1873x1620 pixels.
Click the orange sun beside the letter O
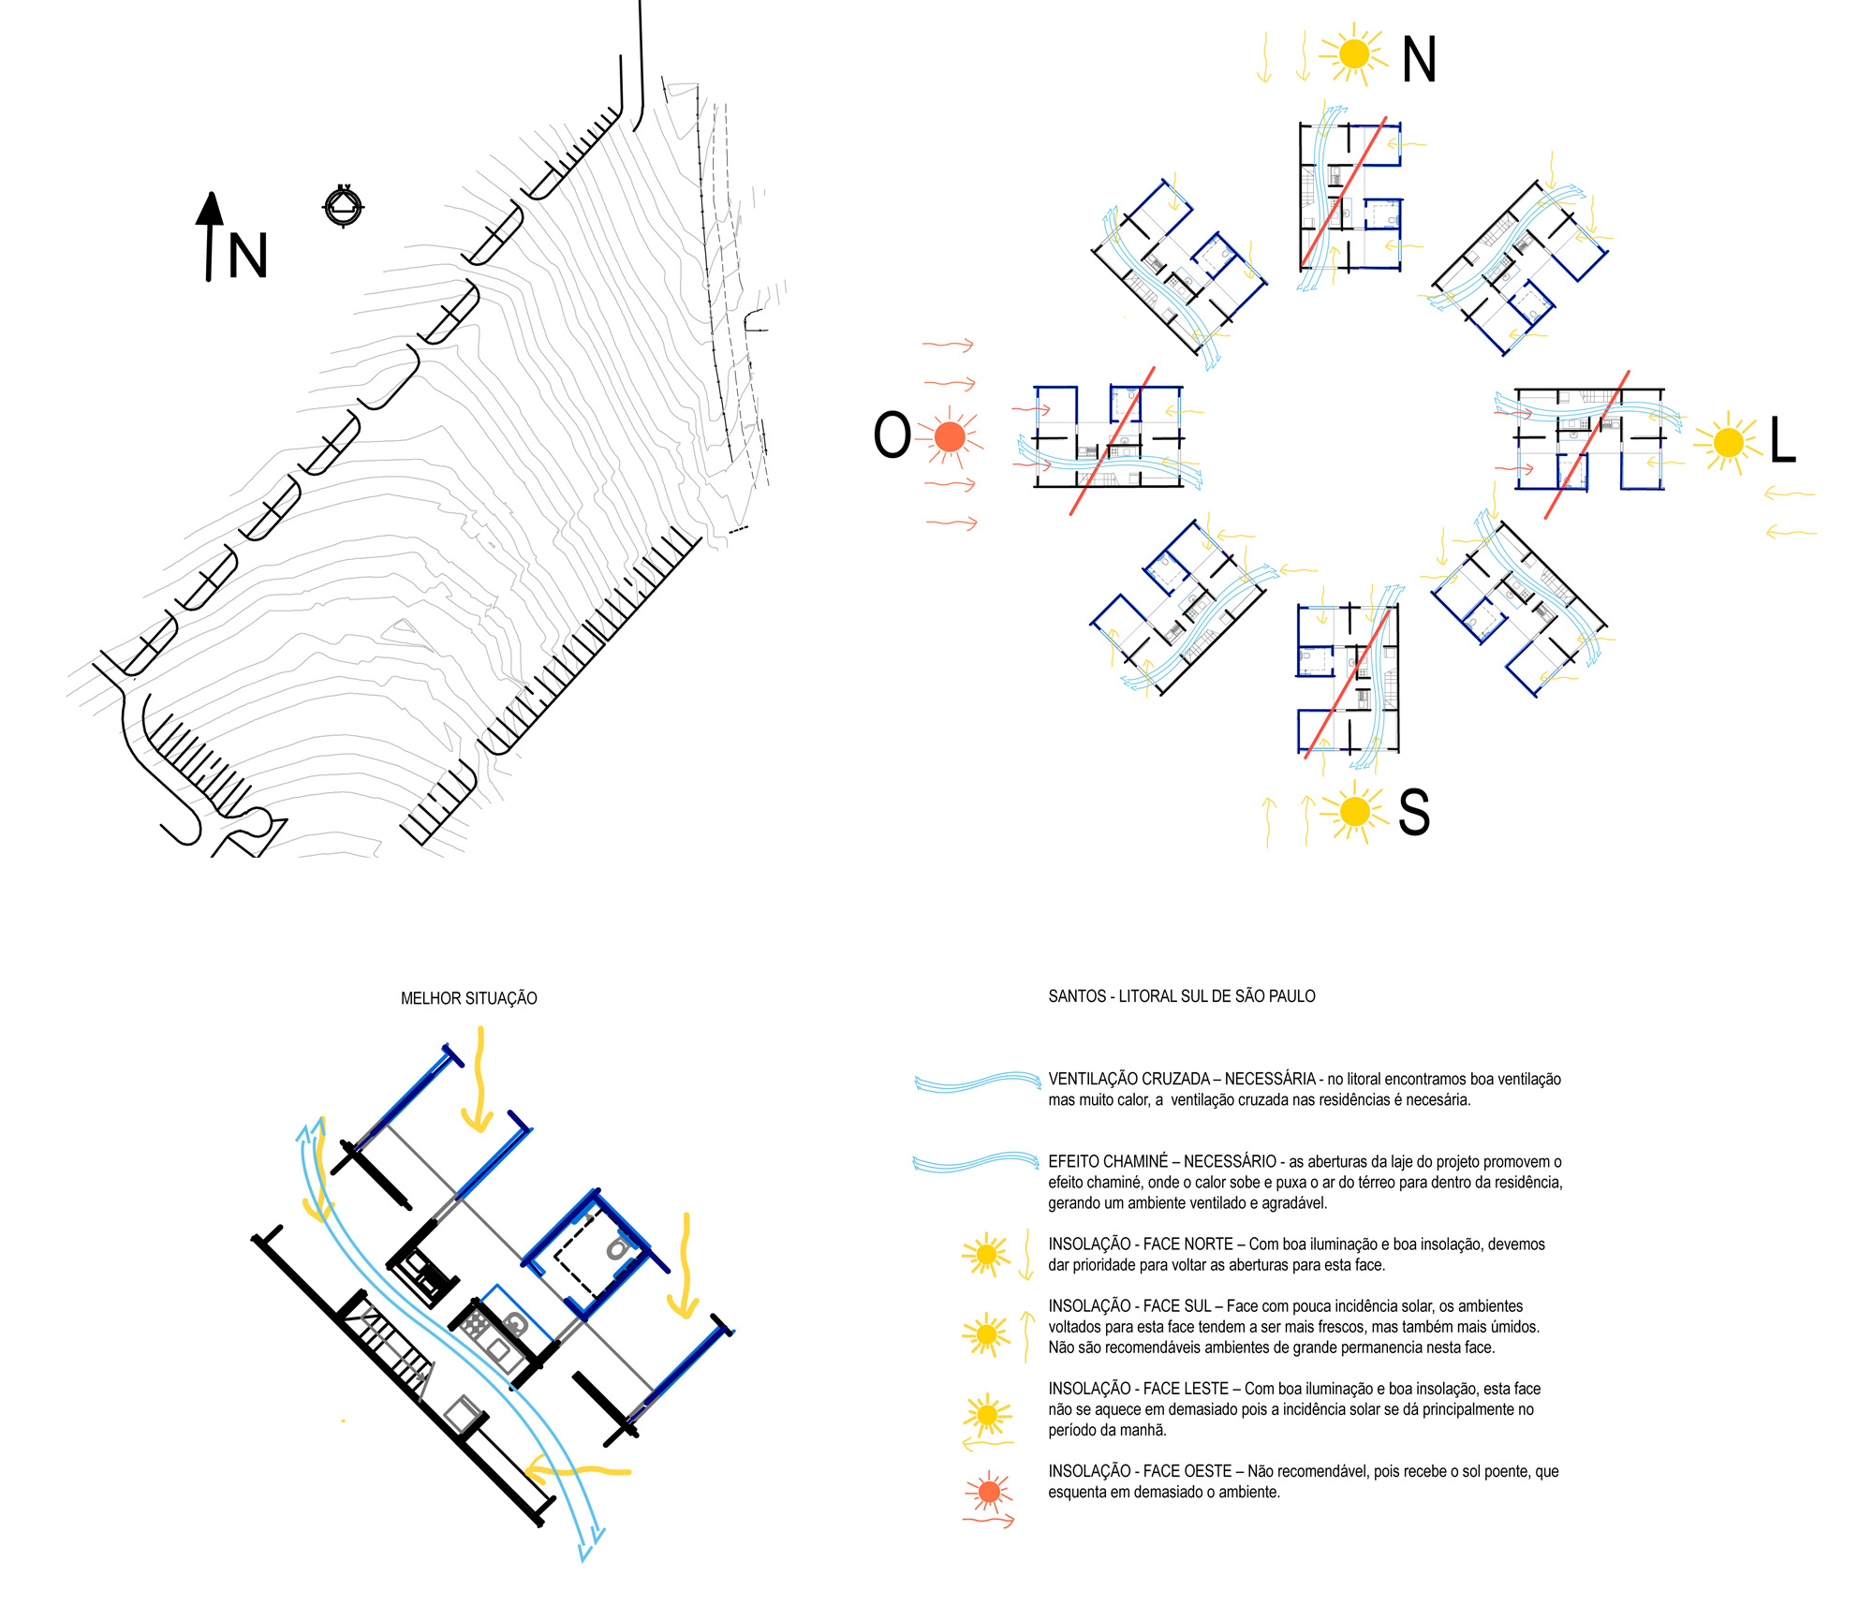click(950, 436)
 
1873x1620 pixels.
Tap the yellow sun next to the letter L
click(1729, 442)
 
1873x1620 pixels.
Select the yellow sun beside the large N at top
click(1354, 53)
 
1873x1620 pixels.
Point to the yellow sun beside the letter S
click(1354, 811)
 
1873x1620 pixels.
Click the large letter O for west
click(892, 435)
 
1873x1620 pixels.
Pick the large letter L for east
click(1782, 440)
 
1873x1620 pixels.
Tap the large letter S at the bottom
click(1413, 812)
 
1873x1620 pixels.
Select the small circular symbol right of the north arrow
click(344, 206)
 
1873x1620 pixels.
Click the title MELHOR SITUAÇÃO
click(468, 998)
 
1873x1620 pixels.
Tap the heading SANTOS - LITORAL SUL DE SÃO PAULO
click(1181, 996)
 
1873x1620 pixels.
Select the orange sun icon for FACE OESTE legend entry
click(988, 1492)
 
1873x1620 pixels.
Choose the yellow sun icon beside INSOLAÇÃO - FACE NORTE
click(985, 1254)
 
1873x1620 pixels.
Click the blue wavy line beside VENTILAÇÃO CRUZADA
click(978, 1082)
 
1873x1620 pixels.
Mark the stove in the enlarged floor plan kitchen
click(474, 1324)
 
